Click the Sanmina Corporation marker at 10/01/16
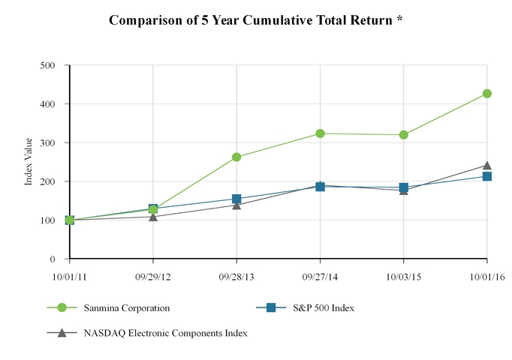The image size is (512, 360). click(487, 94)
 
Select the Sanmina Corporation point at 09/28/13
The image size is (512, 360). click(236, 157)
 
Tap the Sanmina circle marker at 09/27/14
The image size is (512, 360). click(321, 133)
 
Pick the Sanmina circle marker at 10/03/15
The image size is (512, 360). click(404, 135)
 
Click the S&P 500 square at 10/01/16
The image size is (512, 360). click(487, 176)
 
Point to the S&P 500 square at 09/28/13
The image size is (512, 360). click(236, 199)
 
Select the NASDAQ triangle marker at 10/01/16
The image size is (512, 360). click(487, 165)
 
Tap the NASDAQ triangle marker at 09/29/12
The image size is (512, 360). click(153, 216)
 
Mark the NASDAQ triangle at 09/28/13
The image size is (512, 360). click(236, 205)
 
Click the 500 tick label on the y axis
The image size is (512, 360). click(49, 65)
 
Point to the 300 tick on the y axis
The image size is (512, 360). click(49, 142)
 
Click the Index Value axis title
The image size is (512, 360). click(29, 161)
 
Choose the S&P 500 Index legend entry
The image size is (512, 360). click(315, 307)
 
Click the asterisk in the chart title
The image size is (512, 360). click(399, 19)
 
